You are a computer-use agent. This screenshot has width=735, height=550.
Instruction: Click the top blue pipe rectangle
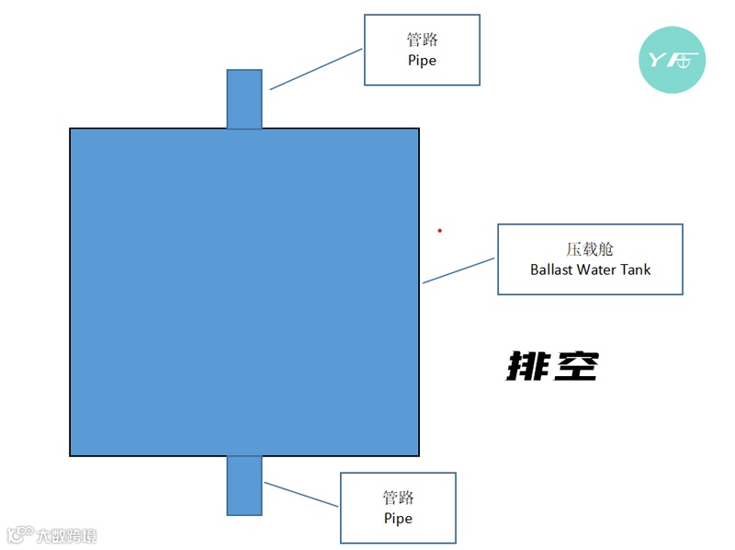244,98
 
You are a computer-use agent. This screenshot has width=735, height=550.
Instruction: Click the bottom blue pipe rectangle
244,485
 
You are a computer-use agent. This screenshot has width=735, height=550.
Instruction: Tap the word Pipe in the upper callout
422,61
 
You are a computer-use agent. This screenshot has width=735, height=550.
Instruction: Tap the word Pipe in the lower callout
398,519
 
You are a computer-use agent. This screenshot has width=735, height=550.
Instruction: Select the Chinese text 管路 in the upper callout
422,40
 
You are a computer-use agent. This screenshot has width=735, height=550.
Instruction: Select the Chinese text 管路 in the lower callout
398,498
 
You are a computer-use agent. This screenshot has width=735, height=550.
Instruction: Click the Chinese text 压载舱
590,249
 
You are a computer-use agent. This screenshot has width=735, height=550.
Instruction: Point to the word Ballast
551,269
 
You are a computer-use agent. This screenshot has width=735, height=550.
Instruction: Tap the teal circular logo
672,61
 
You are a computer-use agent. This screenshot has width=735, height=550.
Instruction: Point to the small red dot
439,230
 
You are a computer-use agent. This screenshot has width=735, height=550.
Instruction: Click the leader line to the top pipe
316,69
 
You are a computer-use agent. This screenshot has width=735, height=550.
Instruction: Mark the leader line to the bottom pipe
300,493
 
